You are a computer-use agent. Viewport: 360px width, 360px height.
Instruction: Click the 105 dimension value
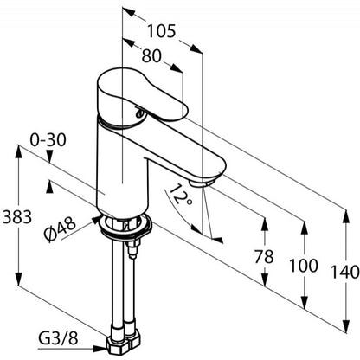click(161, 31)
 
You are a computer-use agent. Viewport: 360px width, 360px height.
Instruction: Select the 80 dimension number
click(151, 55)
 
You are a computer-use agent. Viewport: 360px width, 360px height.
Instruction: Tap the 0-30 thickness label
click(48, 140)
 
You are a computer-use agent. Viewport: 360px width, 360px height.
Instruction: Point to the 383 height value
click(16, 216)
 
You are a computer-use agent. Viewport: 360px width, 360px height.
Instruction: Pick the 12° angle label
click(180, 194)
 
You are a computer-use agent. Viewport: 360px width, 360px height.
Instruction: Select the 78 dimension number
click(264, 257)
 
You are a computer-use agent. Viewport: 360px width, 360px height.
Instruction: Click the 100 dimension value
click(304, 266)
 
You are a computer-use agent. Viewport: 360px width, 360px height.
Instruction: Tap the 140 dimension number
click(345, 272)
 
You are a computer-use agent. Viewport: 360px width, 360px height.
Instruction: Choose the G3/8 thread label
click(58, 338)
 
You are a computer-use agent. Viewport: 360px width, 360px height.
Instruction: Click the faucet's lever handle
click(141, 97)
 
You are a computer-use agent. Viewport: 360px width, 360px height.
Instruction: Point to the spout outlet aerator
click(202, 183)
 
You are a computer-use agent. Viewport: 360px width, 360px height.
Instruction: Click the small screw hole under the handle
click(139, 113)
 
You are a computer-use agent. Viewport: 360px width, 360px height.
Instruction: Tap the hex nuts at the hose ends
click(124, 344)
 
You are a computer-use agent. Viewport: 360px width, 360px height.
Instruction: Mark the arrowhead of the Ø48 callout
click(96, 220)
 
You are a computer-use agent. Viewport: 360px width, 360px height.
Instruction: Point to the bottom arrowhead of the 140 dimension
click(345, 326)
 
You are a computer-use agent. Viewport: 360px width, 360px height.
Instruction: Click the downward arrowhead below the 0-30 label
click(49, 158)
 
